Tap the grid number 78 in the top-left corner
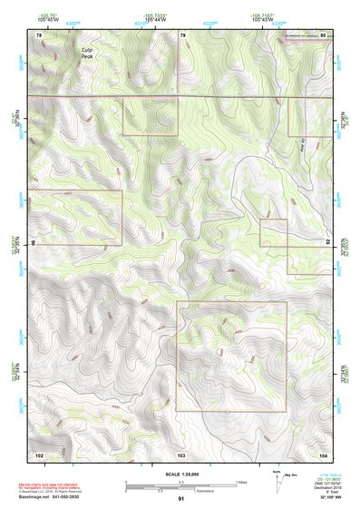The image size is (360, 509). [38, 34]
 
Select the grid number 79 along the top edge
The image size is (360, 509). [183, 34]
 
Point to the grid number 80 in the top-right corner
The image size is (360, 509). [324, 34]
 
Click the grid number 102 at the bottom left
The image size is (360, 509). [39, 453]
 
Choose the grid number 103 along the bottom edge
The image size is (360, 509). [181, 453]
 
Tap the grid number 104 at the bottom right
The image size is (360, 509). [324, 453]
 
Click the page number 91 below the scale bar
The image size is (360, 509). [181, 499]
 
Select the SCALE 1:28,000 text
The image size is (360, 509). [181, 474]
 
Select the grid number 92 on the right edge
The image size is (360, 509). [328, 243]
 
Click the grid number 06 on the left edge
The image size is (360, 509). [34, 243]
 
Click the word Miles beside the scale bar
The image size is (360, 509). [241, 481]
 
